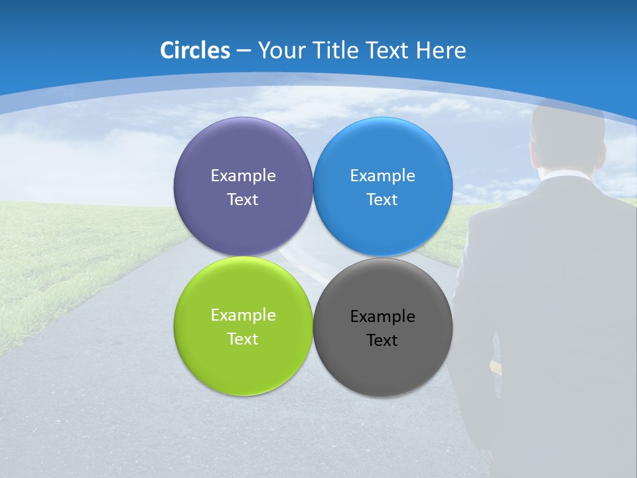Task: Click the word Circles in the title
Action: click(195, 50)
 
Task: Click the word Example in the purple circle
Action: click(243, 176)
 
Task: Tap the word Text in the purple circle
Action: click(243, 200)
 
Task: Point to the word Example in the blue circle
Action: click(383, 176)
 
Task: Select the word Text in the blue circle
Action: click(383, 200)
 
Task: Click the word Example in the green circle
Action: click(243, 315)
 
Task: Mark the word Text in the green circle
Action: click(243, 339)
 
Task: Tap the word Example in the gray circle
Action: click(383, 317)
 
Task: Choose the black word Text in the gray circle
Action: click(383, 341)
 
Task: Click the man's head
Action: click(567, 136)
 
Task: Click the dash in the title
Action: click(244, 51)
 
